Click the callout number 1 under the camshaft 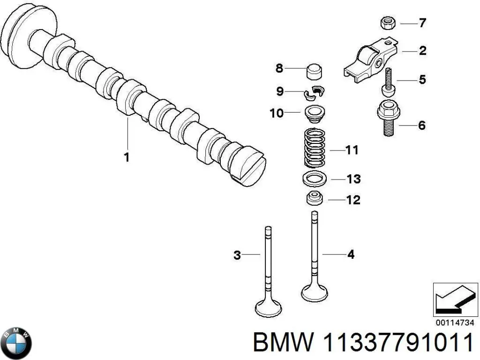(x=127, y=157)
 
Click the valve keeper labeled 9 (x=314, y=93)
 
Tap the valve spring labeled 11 (x=315, y=147)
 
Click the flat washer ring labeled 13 (x=314, y=179)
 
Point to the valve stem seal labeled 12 (x=314, y=199)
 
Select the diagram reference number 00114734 (x=454, y=323)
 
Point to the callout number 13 (x=352, y=179)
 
